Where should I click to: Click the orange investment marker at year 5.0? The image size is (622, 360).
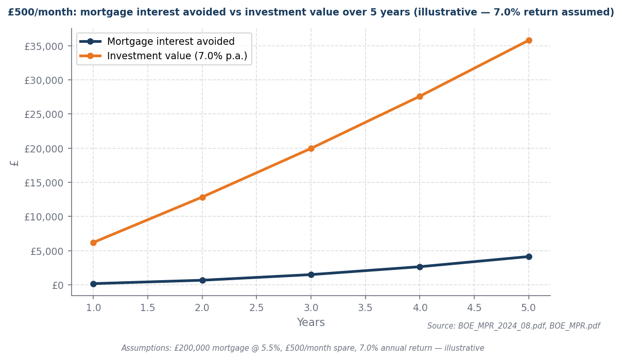click(529, 40)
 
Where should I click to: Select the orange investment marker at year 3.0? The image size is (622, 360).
click(311, 148)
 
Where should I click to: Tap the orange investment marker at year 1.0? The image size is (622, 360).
click(93, 243)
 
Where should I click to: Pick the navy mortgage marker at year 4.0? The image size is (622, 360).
click(420, 267)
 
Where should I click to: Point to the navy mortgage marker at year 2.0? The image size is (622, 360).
click(202, 280)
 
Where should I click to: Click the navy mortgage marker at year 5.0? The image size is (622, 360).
click(529, 256)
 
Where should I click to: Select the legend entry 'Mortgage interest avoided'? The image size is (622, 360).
click(170, 42)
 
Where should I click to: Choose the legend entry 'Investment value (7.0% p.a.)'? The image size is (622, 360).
click(177, 56)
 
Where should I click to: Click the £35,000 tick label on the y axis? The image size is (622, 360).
click(44, 46)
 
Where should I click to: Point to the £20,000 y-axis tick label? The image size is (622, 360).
click(44, 148)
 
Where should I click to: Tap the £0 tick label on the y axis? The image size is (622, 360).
click(58, 285)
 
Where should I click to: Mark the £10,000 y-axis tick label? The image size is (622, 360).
click(44, 217)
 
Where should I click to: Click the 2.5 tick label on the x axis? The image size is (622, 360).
click(256, 307)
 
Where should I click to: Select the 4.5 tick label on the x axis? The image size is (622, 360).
click(474, 307)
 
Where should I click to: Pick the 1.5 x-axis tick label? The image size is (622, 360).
click(148, 307)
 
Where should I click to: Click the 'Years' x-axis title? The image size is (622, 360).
click(311, 323)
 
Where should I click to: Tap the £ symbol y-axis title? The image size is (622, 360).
click(15, 163)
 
